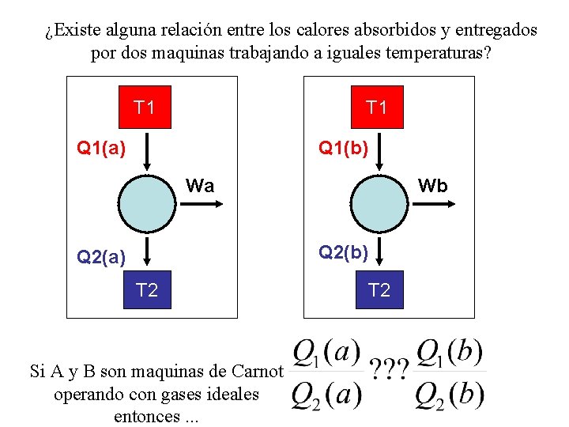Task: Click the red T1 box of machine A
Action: coord(145,107)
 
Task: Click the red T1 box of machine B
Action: coord(377,107)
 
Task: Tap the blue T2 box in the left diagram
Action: coord(147,291)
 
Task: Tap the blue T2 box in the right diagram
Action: coord(379,291)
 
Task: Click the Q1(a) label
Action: coord(100,147)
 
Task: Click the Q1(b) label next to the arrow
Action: coord(342,147)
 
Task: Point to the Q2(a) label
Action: coord(100,256)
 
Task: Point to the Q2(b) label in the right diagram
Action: coord(342,252)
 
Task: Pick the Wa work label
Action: coord(200,186)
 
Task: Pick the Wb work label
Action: coord(432,186)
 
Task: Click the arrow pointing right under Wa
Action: coord(201,203)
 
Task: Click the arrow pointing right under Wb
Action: coord(431,203)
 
